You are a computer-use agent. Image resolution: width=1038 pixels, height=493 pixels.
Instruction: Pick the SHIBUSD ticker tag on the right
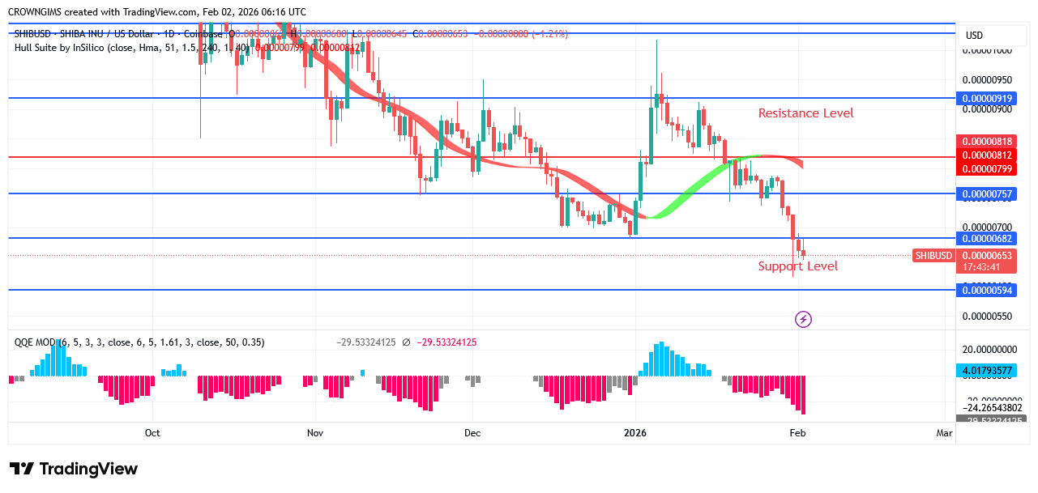point(933,256)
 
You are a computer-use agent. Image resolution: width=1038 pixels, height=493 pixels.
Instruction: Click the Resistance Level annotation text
point(805,113)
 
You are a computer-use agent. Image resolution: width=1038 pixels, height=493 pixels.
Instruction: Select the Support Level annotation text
point(797,266)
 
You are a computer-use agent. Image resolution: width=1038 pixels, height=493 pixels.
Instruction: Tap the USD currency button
point(974,36)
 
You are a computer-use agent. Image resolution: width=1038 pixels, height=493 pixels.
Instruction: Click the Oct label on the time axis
point(152,433)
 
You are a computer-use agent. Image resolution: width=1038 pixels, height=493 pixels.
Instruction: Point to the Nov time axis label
point(315,433)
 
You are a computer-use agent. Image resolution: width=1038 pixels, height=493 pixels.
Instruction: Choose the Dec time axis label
point(472,433)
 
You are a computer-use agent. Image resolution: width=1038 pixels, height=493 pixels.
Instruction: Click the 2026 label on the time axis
point(635,433)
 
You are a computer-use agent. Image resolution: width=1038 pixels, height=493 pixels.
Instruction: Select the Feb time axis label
point(797,433)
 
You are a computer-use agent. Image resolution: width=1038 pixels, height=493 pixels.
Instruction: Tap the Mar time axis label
point(944,433)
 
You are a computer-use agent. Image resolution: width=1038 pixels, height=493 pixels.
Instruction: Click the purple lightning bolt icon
point(803,320)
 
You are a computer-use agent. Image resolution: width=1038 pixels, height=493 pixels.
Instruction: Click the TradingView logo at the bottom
point(74,469)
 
